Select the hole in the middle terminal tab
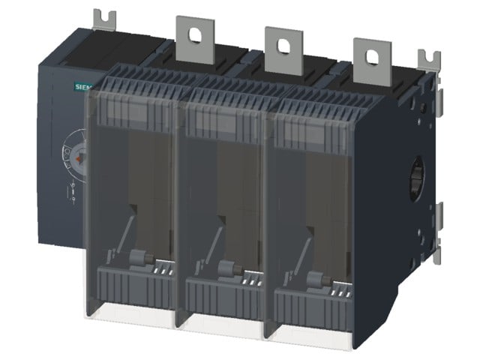click(283, 46)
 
